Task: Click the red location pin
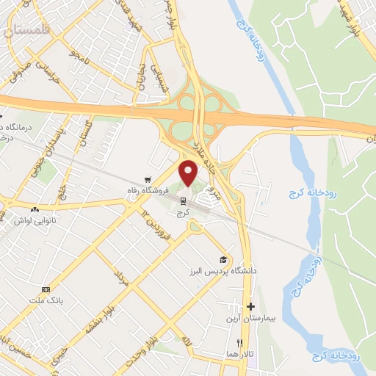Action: tap(189, 173)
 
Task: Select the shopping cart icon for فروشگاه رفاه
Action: tap(148, 179)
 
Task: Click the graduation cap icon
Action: tap(223, 259)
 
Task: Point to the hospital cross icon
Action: tap(250, 306)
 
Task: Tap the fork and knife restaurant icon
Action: tap(239, 342)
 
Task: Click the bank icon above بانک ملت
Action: tap(46, 289)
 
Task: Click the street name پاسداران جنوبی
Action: tap(51, 143)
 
